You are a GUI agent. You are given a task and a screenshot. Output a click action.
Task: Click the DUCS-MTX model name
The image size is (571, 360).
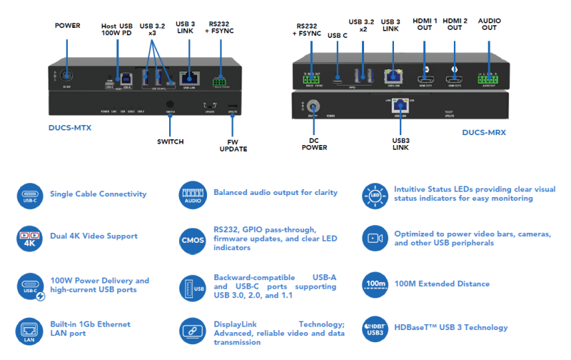pyautogui.click(x=71, y=129)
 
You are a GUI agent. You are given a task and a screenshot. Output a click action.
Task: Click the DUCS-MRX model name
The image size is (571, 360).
pyautogui.click(x=486, y=132)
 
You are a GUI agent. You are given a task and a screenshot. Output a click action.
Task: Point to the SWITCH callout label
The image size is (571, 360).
pyautogui.click(x=170, y=141)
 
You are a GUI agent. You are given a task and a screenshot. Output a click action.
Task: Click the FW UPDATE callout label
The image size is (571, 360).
pyautogui.click(x=233, y=145)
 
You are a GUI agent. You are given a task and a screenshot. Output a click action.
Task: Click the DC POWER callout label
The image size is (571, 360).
pyautogui.click(x=314, y=144)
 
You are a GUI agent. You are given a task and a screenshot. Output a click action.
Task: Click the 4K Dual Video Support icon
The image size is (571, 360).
pyautogui.click(x=29, y=238)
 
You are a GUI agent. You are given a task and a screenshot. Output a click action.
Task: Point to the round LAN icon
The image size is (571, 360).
pyautogui.click(x=29, y=331)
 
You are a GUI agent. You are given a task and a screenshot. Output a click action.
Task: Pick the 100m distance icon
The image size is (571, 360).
pyautogui.click(x=375, y=284)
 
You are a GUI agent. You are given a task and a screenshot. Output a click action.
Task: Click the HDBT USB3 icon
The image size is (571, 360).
pyautogui.click(x=375, y=328)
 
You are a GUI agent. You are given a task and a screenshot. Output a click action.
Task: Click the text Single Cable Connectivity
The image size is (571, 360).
pyautogui.click(x=98, y=194)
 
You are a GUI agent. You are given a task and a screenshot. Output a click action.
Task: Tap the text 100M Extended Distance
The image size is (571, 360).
pyautogui.click(x=442, y=284)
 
